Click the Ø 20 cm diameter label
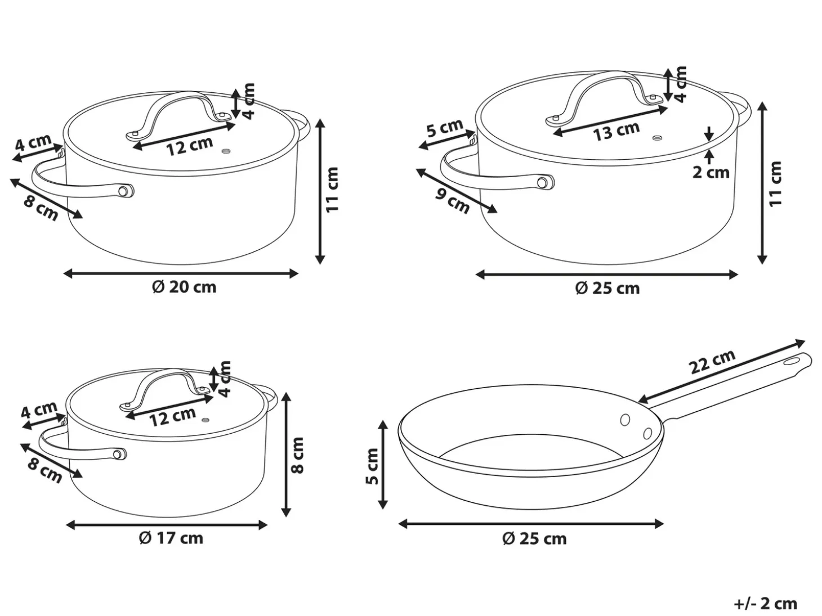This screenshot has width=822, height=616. [x=184, y=287]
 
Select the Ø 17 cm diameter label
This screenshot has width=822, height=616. [x=171, y=538]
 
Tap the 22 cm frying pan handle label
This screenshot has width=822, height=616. [x=712, y=362]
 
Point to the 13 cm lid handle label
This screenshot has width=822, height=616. [x=616, y=131]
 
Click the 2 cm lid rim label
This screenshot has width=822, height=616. [x=711, y=172]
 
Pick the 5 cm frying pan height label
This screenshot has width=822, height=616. [x=372, y=466]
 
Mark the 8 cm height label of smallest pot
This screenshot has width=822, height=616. [x=297, y=455]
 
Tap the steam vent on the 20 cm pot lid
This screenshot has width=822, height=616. [x=226, y=151]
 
